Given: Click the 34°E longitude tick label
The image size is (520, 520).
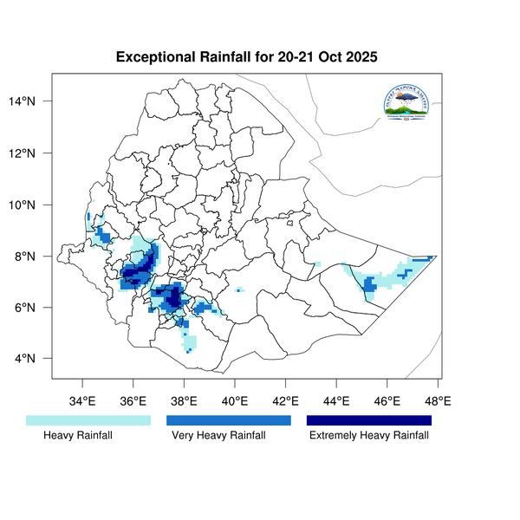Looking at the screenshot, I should [82, 401].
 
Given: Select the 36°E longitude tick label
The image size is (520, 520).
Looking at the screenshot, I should [133, 401].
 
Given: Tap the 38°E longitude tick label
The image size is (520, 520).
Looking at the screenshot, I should [184, 401].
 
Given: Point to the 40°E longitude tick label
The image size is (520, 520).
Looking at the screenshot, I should [235, 401].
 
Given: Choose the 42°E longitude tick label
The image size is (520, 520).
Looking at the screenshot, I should [286, 401].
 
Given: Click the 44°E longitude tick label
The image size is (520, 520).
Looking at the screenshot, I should [336, 401].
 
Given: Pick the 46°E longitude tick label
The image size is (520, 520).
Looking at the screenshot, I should [387, 401].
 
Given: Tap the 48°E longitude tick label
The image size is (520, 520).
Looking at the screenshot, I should [438, 401].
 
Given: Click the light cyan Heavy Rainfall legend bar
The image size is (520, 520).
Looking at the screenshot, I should [88, 419].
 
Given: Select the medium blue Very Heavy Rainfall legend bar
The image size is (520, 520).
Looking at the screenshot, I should [228, 419].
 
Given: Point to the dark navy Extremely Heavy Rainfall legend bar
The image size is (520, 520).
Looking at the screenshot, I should [369, 419].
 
